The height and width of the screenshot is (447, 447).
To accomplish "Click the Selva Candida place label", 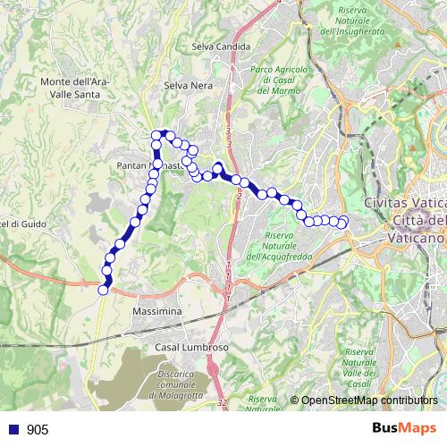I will (x=218, y=46).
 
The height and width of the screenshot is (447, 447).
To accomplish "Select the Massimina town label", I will (x=156, y=311).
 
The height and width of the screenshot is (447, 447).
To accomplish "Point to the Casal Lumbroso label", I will (x=187, y=347).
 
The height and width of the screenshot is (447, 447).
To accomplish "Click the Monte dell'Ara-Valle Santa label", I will (x=75, y=87).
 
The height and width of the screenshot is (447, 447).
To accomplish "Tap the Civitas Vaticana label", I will (x=405, y=203).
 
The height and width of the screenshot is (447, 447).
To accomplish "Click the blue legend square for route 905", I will (x=13, y=430).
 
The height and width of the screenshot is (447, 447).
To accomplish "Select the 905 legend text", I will (x=38, y=430).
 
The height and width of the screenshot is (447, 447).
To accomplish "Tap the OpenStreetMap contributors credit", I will (x=370, y=401).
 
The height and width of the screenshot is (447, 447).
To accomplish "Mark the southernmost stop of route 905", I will (x=103, y=289).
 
